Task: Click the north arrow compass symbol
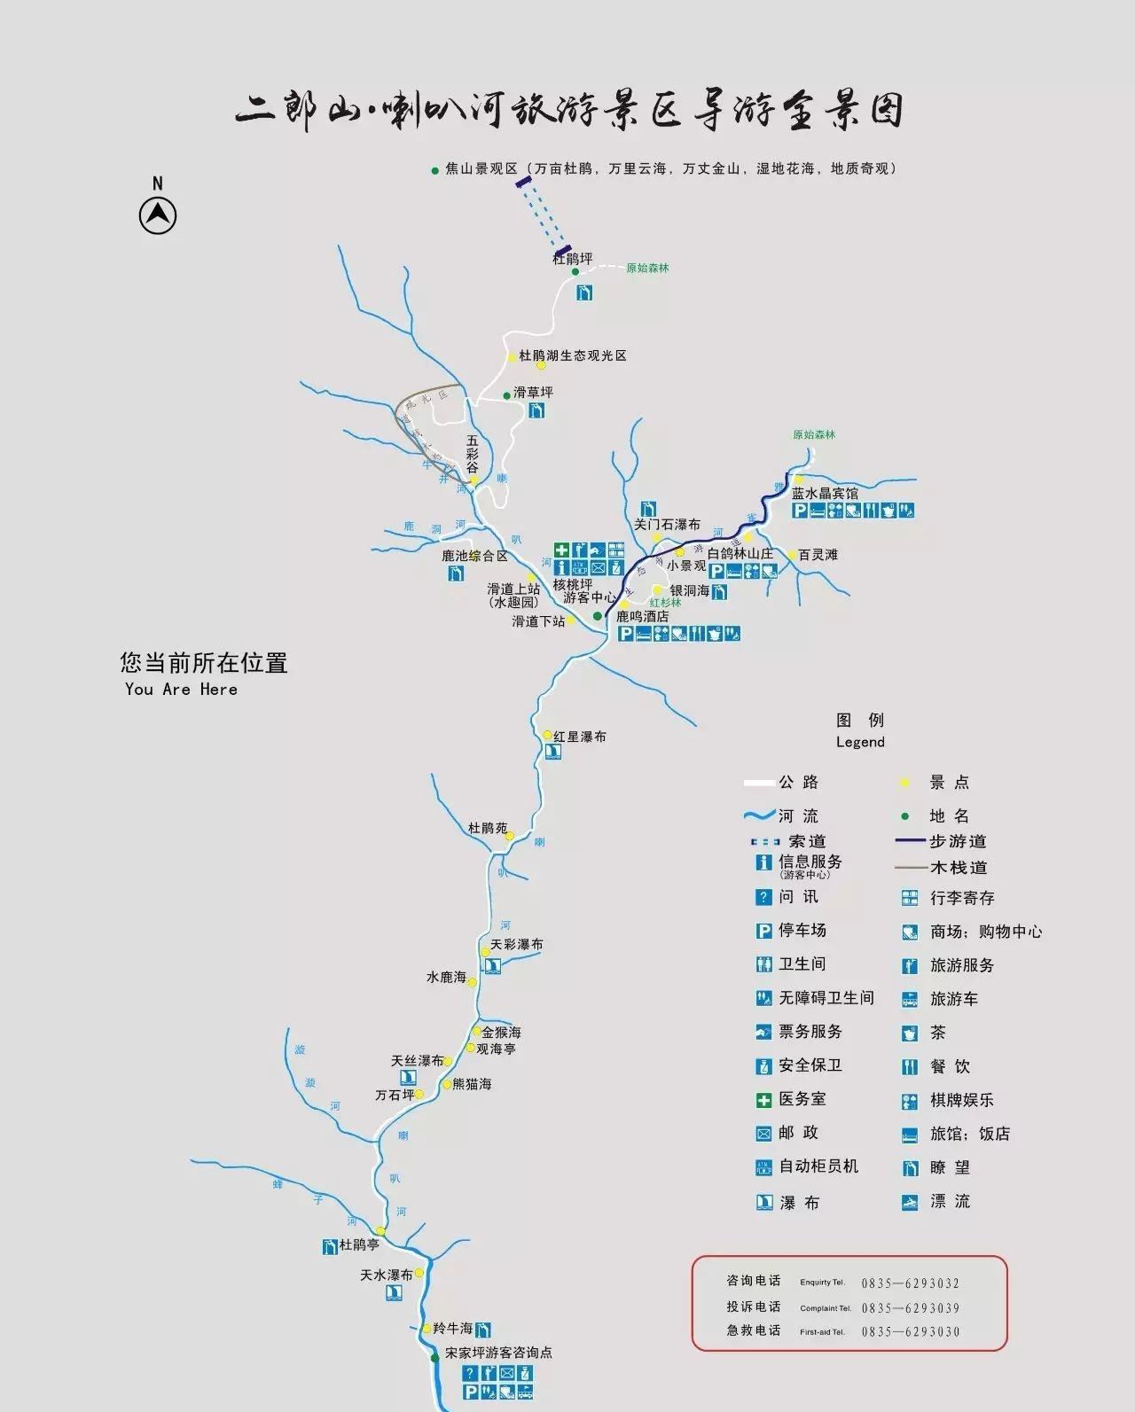tap(158, 215)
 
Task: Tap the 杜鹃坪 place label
tap(572, 259)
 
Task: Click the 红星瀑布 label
tap(580, 737)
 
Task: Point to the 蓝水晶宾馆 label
tap(825, 494)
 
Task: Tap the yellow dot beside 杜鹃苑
tap(510, 835)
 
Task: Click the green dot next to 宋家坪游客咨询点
tap(434, 1357)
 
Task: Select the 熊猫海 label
tap(472, 1084)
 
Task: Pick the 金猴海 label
tap(501, 1033)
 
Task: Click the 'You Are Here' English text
tap(181, 690)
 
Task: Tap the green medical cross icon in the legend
tap(763, 1100)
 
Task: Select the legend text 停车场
tap(802, 930)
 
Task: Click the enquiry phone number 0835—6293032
tap(911, 1283)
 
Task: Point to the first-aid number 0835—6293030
tap(911, 1331)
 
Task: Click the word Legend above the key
tap(860, 742)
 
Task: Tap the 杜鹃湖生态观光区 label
tap(573, 355)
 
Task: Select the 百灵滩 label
tap(818, 555)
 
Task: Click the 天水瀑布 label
tap(386, 1275)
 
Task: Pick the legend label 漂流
tap(950, 1202)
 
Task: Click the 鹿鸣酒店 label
tap(642, 616)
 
